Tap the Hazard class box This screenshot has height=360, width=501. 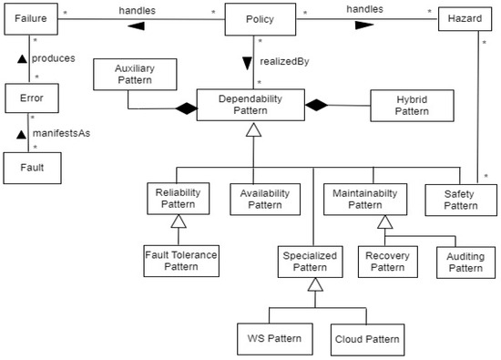pyautogui.click(x=465, y=19)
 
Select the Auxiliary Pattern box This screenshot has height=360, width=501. pyautogui.click(x=133, y=75)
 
